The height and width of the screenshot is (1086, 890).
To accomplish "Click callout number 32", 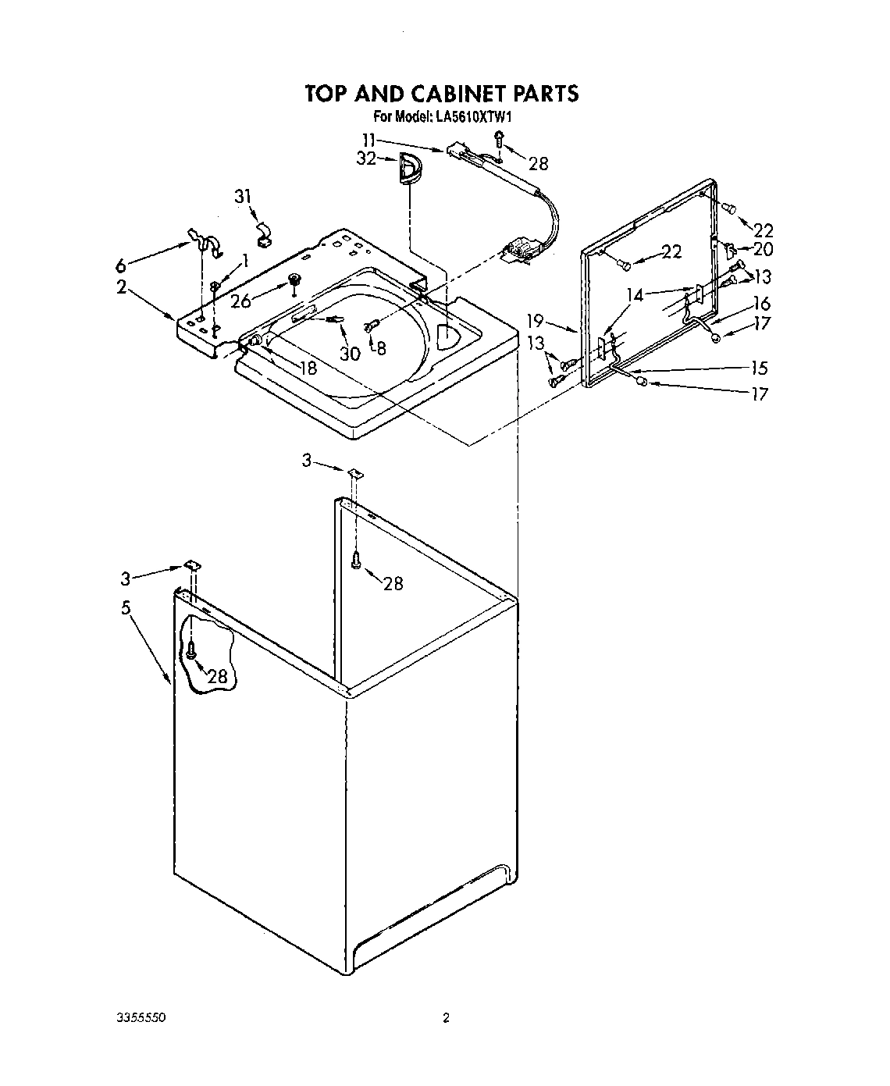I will point(366,158).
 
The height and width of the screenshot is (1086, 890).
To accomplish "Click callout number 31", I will point(244,196).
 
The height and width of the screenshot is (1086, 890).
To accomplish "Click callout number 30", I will point(349,353).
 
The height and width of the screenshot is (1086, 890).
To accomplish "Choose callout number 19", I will point(536,319).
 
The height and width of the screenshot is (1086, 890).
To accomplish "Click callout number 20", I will point(763,249).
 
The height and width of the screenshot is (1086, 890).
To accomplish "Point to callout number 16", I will point(762,304).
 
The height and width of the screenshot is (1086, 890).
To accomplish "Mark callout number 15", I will point(759,368).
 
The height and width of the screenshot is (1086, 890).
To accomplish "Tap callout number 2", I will point(121,287).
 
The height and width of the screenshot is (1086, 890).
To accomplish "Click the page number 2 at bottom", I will point(446,1018).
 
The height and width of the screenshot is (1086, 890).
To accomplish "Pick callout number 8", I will point(381,348).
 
